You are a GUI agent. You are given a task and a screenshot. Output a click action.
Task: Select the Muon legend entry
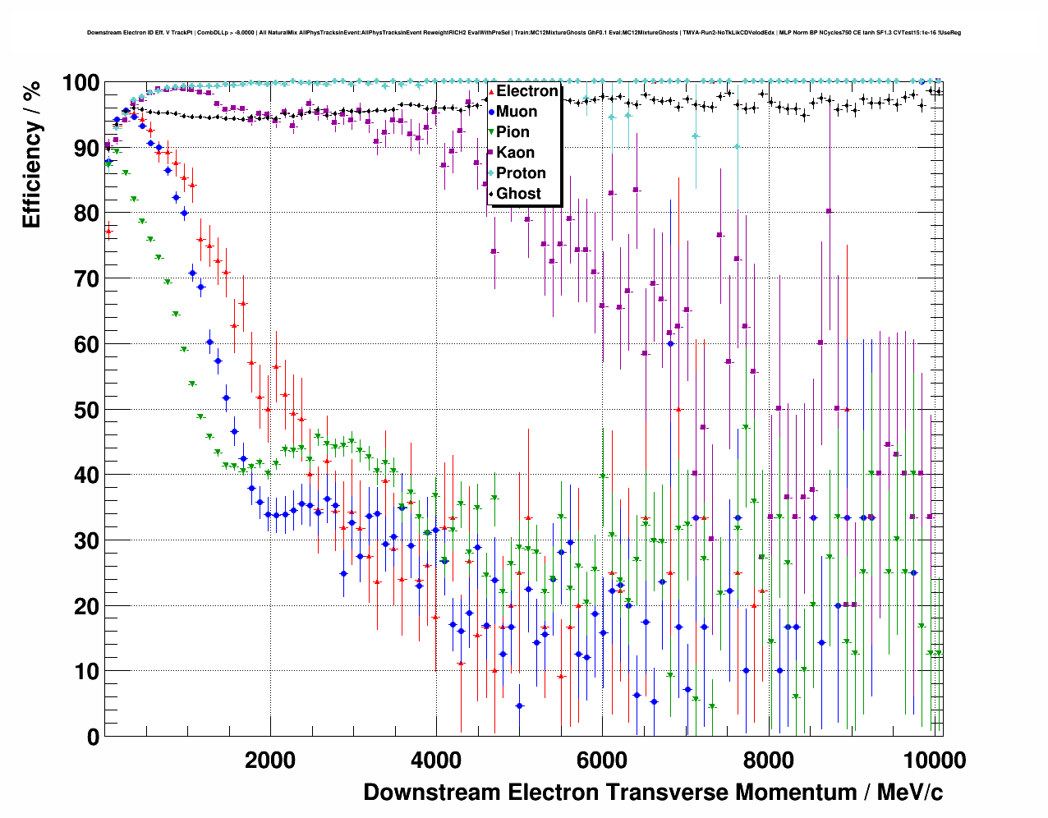[x=517, y=112]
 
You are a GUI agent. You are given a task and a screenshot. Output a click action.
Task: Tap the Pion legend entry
[x=513, y=132]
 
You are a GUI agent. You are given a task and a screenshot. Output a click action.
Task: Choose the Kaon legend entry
[x=515, y=153]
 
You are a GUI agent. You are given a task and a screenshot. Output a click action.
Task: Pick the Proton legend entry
[x=521, y=173]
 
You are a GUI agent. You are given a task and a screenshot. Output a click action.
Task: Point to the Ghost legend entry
[x=518, y=194]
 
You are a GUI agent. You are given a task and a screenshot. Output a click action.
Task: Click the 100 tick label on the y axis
[x=80, y=83]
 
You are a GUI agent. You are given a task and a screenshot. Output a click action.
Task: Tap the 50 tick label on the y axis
[x=86, y=410]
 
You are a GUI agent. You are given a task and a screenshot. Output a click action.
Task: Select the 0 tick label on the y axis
[x=92, y=737]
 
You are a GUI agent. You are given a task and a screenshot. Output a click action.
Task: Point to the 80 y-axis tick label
[x=86, y=214]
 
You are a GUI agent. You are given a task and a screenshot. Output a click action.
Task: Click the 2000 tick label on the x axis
[x=270, y=760]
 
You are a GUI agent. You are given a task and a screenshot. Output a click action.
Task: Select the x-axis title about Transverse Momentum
[x=653, y=793]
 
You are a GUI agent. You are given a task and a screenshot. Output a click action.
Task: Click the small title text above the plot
[x=524, y=33]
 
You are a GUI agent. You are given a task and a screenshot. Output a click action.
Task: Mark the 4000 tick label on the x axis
[x=436, y=760]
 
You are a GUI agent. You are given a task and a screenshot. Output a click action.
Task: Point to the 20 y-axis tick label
[x=86, y=606]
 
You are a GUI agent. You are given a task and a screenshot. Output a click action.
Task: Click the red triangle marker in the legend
[x=491, y=92]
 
